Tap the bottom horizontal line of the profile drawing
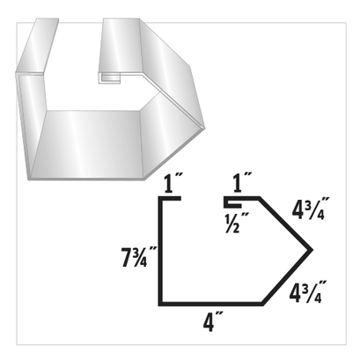(x=211, y=303)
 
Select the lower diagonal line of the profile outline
(x=289, y=276)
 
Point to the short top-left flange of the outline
(x=171, y=200)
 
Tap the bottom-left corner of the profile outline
(x=160, y=303)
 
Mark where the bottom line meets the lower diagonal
(x=264, y=303)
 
